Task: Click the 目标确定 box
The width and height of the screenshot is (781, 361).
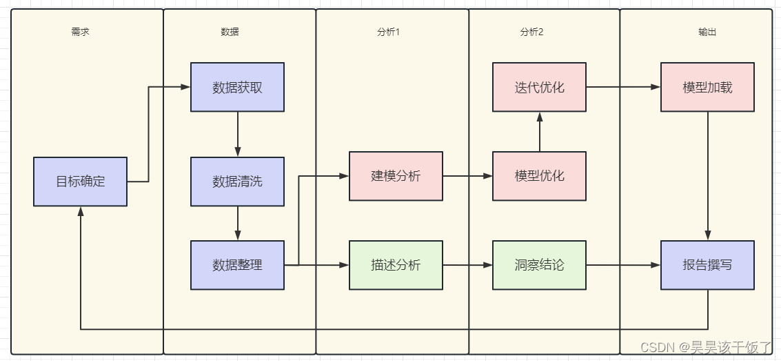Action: [80, 182]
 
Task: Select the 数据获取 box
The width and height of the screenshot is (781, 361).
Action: [237, 88]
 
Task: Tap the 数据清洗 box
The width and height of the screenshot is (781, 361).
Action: [237, 182]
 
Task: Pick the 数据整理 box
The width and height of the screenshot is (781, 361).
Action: [237, 264]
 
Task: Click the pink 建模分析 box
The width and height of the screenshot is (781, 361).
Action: [396, 176]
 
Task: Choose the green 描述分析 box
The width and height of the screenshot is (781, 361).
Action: [396, 264]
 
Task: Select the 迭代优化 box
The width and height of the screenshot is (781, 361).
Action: [539, 88]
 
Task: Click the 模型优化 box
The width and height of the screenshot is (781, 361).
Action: [539, 176]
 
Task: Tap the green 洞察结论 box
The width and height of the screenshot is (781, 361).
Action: [539, 264]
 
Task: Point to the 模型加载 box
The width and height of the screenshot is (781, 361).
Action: [707, 88]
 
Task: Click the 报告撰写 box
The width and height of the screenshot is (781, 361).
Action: [707, 264]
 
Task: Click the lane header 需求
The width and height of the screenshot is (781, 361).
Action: [80, 32]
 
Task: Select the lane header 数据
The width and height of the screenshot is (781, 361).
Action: [230, 32]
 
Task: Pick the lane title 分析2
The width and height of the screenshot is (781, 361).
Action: [531, 32]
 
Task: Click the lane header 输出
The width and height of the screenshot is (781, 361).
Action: [707, 32]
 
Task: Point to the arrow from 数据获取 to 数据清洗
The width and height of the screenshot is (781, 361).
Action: [237, 134]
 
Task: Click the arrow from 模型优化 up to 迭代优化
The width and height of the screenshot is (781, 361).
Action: [539, 132]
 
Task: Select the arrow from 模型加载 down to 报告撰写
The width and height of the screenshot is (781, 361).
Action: [707, 176]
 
